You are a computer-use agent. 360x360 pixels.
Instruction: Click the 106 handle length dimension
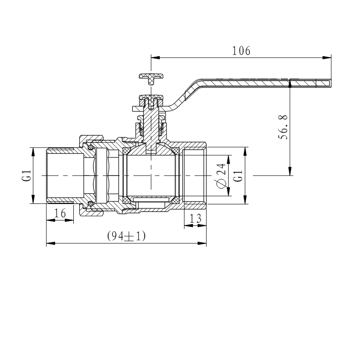241,51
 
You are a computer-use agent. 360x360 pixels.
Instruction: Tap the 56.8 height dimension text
283,127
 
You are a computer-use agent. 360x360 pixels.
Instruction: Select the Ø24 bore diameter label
221,176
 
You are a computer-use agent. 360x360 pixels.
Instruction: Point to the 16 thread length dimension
60,213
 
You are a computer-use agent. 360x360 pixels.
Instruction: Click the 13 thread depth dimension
195,218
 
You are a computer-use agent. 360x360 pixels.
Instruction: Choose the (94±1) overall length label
126,236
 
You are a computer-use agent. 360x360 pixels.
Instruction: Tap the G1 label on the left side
27,175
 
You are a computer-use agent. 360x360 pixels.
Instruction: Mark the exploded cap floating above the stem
151,78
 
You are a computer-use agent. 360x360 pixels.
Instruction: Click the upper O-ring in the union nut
91,147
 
